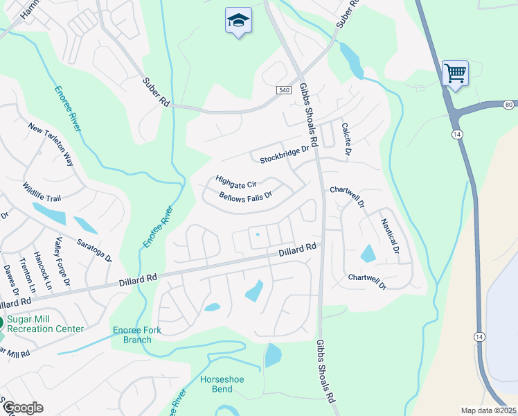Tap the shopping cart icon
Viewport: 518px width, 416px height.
tap(455, 73)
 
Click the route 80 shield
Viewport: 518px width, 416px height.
tap(508, 105)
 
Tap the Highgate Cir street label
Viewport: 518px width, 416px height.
tap(235, 182)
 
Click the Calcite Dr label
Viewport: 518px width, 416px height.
tap(346, 139)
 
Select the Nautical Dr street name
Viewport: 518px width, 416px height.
tap(391, 236)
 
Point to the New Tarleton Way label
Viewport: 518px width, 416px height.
tap(51, 144)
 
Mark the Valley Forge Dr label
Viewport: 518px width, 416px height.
tap(63, 261)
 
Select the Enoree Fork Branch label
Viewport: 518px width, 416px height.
tap(138, 335)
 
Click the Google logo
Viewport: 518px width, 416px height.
tap(23, 408)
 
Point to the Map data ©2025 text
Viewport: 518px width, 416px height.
tap(488, 410)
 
